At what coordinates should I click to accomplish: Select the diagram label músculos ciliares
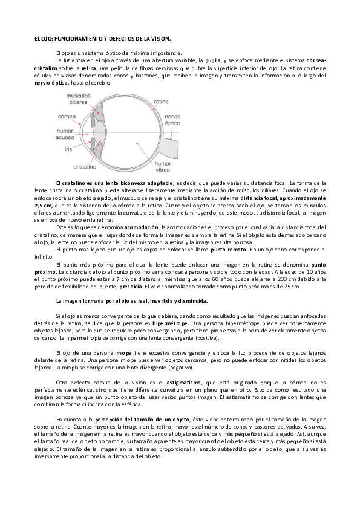[77, 99]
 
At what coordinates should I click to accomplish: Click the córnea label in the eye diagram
[67, 116]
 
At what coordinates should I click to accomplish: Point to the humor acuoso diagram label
[65, 134]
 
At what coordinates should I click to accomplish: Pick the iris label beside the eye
[68, 148]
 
